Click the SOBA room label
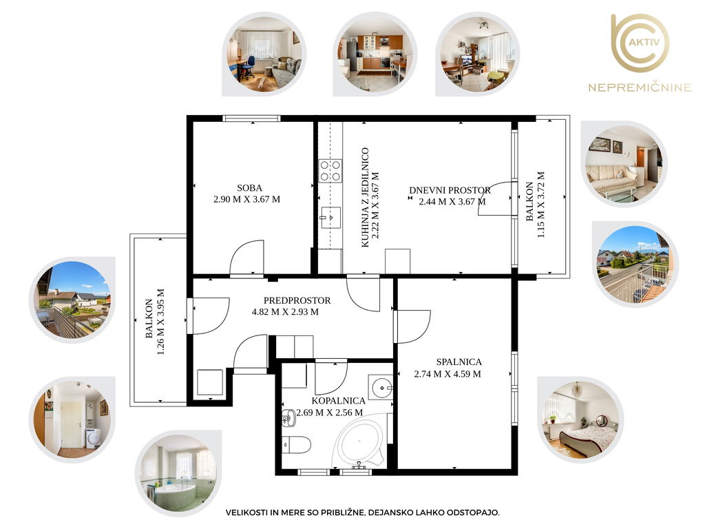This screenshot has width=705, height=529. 249,188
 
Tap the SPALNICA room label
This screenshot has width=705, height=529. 459,362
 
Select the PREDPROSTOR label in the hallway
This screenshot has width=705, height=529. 297,300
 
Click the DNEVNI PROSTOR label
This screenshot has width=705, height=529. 450,190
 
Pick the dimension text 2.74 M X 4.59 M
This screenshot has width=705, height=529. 448,374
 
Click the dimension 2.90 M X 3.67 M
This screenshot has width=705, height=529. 247,199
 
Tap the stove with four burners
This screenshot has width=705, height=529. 330,171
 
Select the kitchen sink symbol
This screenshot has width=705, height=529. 330,218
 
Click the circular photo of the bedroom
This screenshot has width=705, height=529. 580,419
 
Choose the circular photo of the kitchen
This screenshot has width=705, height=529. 375,54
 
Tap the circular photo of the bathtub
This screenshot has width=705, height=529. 179,473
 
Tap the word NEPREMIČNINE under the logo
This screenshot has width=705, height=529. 640,87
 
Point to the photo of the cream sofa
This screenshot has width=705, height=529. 624,164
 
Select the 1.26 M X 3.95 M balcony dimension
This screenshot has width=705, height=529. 160,322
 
